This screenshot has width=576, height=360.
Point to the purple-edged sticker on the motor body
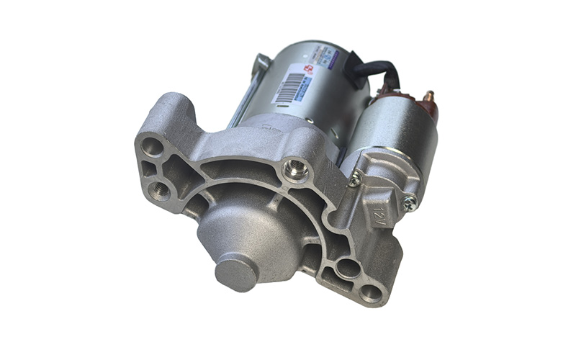[x=330, y=55]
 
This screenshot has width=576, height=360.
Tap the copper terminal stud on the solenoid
[x=430, y=96]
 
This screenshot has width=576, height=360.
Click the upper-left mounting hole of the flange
[x=153, y=146]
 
